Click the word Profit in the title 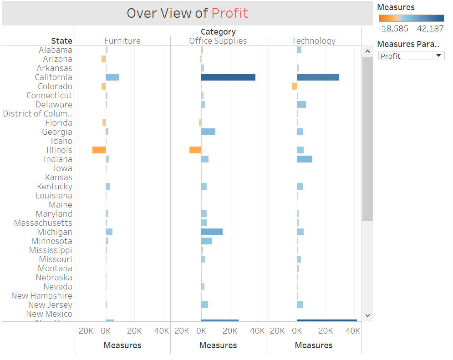click(230, 13)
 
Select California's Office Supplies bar click(228, 77)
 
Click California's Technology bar click(318, 77)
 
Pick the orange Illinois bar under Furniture click(99, 150)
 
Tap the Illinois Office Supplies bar click(195, 150)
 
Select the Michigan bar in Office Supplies click(212, 232)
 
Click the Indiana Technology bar click(305, 159)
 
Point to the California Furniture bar click(112, 77)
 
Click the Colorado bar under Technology click(294, 86)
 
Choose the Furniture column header click(122, 41)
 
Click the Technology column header click(314, 41)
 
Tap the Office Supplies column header click(218, 41)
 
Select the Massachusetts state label click(43, 223)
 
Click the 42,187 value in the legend click(430, 29)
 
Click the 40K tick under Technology click(353, 331)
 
